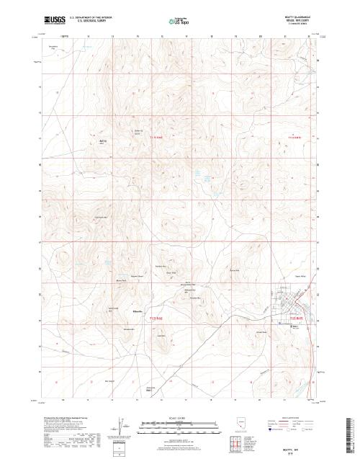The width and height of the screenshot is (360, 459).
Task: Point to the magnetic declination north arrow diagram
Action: pyautogui.click(x=121, y=425)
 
